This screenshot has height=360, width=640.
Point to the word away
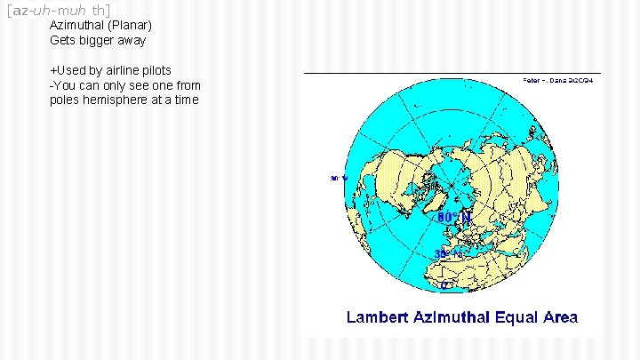tap(132, 40)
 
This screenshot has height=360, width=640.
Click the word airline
tap(122, 70)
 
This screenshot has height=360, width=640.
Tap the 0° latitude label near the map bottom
tap(447, 285)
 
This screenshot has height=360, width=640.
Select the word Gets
tap(62, 40)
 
